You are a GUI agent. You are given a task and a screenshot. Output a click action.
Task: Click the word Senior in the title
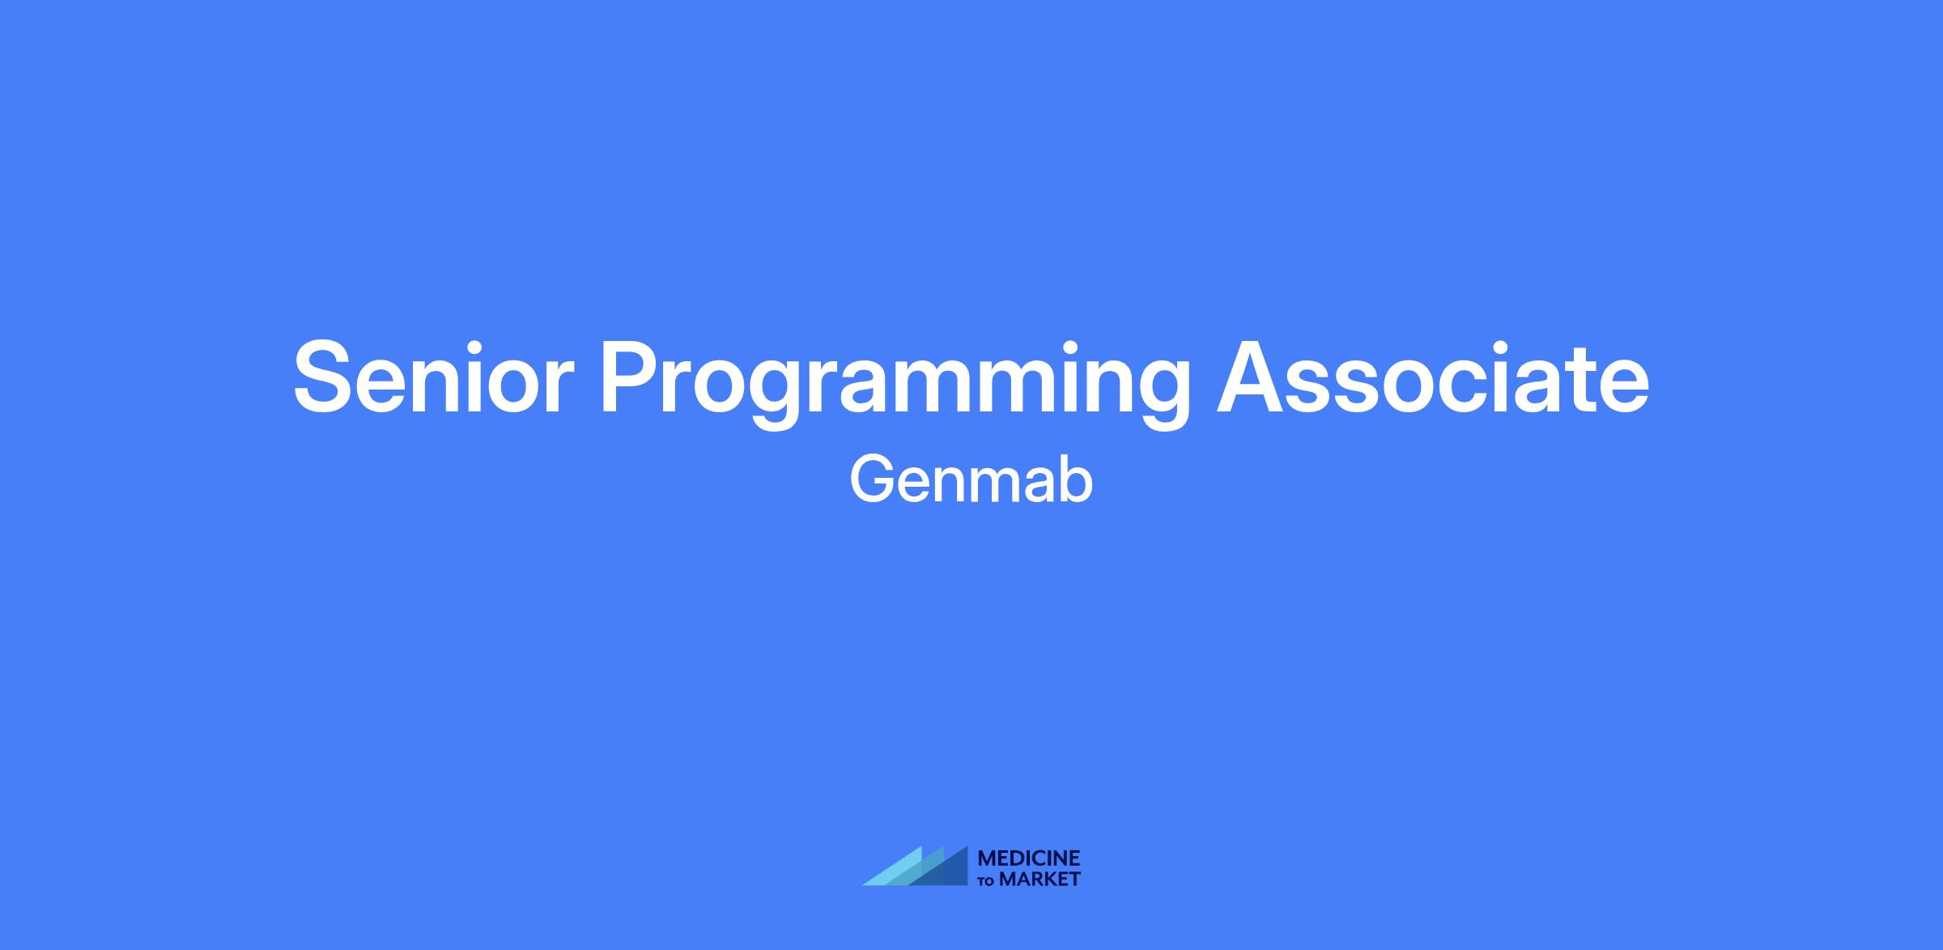pos(434,378)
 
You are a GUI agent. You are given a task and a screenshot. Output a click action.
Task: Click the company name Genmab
pos(971,481)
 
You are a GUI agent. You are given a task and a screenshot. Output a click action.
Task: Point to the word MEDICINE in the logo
pos(1029,858)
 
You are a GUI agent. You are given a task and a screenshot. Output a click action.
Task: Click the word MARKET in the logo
pos(1040,880)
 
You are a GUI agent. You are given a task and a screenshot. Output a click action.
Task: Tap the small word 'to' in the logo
pos(987,881)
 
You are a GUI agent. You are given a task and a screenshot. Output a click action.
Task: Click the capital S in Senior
pos(325,378)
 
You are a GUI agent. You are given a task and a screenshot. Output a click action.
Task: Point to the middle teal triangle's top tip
pos(943,847)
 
